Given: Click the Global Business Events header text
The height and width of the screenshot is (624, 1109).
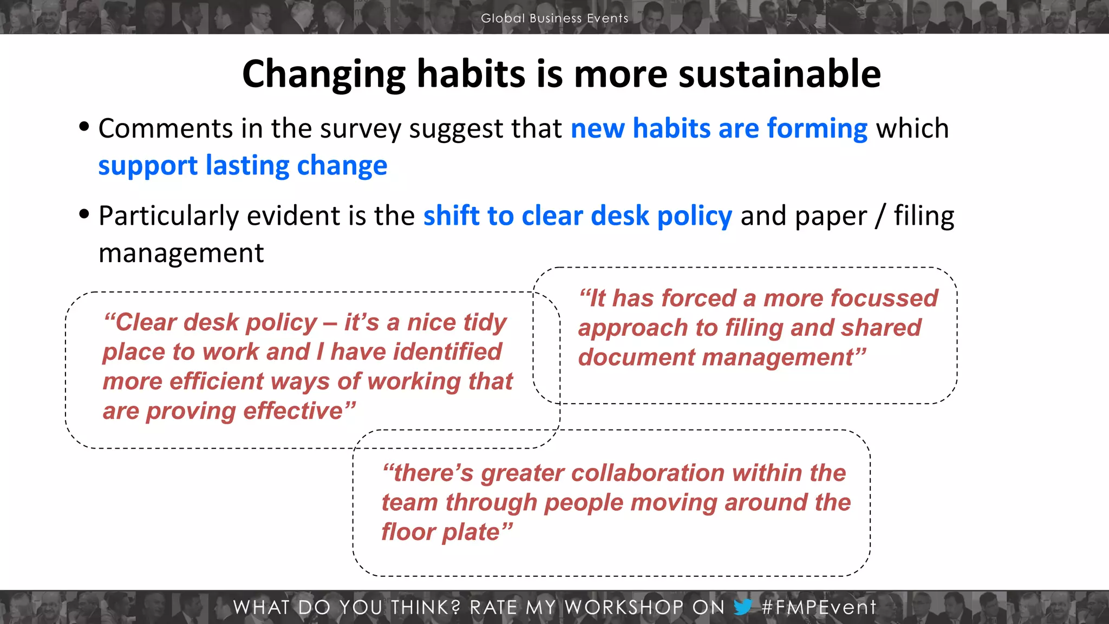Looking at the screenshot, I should pyautogui.click(x=554, y=18).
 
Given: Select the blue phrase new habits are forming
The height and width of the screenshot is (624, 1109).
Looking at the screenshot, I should pyautogui.click(x=719, y=128).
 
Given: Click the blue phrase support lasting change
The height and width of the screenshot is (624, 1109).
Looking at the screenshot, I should pyautogui.click(x=243, y=165).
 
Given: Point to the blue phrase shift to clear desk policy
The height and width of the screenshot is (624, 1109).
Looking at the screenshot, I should pyautogui.click(x=577, y=216).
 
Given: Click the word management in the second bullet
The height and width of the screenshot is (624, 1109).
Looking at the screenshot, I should pyautogui.click(x=181, y=253).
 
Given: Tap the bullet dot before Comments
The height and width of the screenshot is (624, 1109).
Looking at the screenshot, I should pyautogui.click(x=84, y=126).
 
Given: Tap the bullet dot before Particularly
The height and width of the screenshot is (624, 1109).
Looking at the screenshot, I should pyautogui.click(x=84, y=213).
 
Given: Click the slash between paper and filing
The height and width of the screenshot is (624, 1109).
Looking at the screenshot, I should pyautogui.click(x=880, y=216).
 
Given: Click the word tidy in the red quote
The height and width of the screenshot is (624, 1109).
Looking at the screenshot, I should pyautogui.click(x=485, y=322).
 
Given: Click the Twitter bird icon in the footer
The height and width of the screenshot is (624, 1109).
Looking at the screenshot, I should pyautogui.click(x=743, y=607).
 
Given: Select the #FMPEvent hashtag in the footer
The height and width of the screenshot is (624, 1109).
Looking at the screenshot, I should pyautogui.click(x=818, y=607).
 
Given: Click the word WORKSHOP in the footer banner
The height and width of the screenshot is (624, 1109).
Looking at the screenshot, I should pyautogui.click(x=623, y=607).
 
